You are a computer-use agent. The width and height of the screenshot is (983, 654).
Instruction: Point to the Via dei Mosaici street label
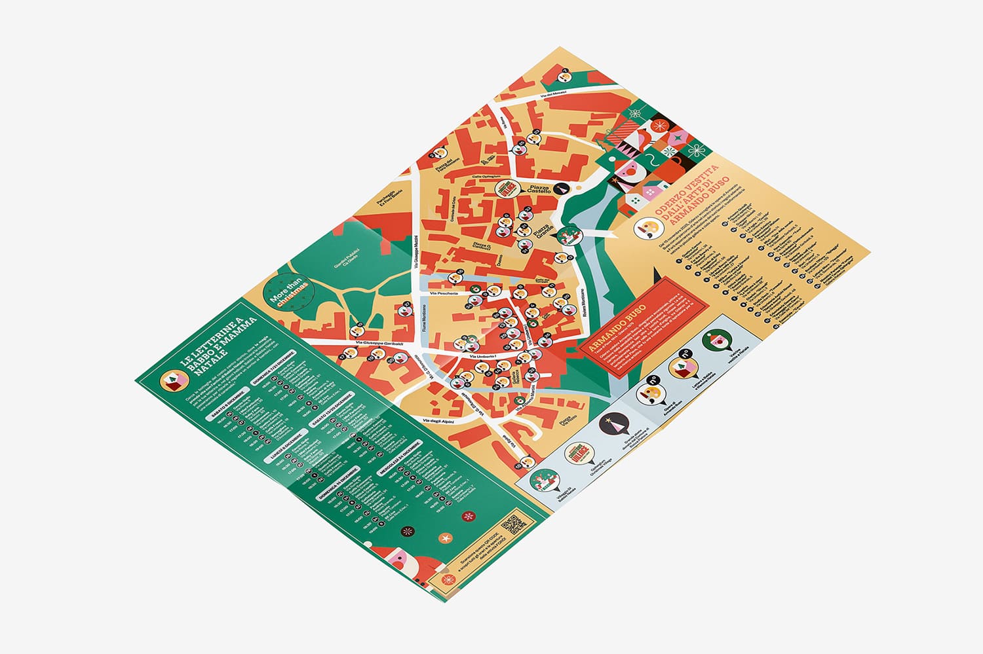tap(552, 96)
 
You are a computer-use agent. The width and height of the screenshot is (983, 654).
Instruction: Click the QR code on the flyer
tap(513, 524)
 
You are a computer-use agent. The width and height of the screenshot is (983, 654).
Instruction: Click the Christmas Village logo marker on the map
tap(505, 189)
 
